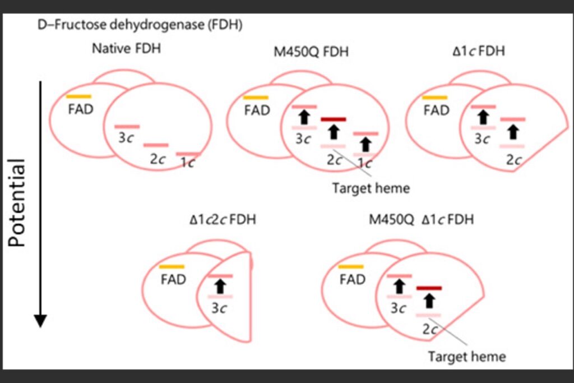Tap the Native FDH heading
[127, 48]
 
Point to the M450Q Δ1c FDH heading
[421, 219]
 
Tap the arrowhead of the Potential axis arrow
[40, 320]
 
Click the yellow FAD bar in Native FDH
[78, 97]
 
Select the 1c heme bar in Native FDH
[188, 154]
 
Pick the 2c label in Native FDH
[158, 159]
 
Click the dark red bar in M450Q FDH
[333, 119]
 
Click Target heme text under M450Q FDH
[371, 188]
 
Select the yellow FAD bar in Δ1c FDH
[435, 98]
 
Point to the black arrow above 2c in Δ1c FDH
[512, 132]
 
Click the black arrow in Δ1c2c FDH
[220, 286]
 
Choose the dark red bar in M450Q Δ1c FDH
[429, 288]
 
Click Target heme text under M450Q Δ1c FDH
[466, 356]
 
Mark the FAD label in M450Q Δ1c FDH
[353, 279]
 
